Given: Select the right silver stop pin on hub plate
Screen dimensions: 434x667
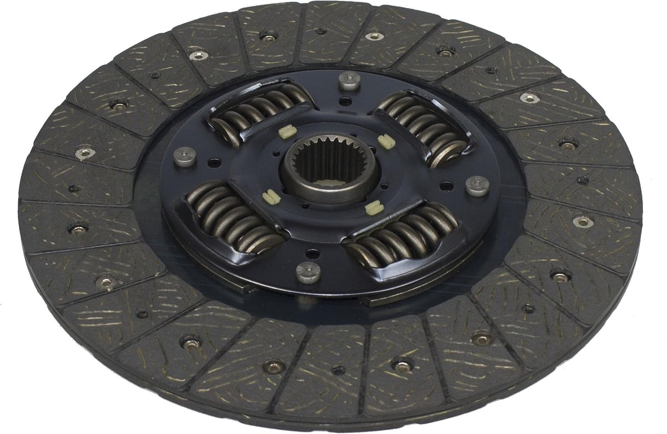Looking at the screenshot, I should (x=475, y=186).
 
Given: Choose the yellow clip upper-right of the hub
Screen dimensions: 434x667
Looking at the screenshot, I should (x=382, y=139).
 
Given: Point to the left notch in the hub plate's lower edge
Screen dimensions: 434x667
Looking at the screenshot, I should (x=250, y=289).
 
